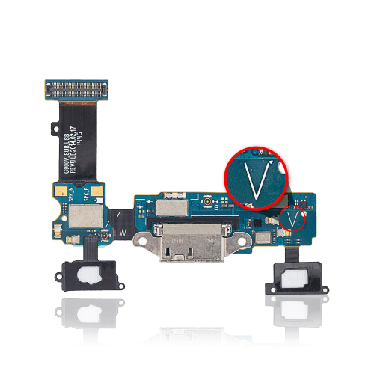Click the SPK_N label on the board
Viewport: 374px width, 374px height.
(71, 197)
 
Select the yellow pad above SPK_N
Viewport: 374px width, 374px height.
(68, 187)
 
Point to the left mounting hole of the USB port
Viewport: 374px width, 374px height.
(141, 241)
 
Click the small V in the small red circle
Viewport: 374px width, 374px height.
(294, 219)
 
